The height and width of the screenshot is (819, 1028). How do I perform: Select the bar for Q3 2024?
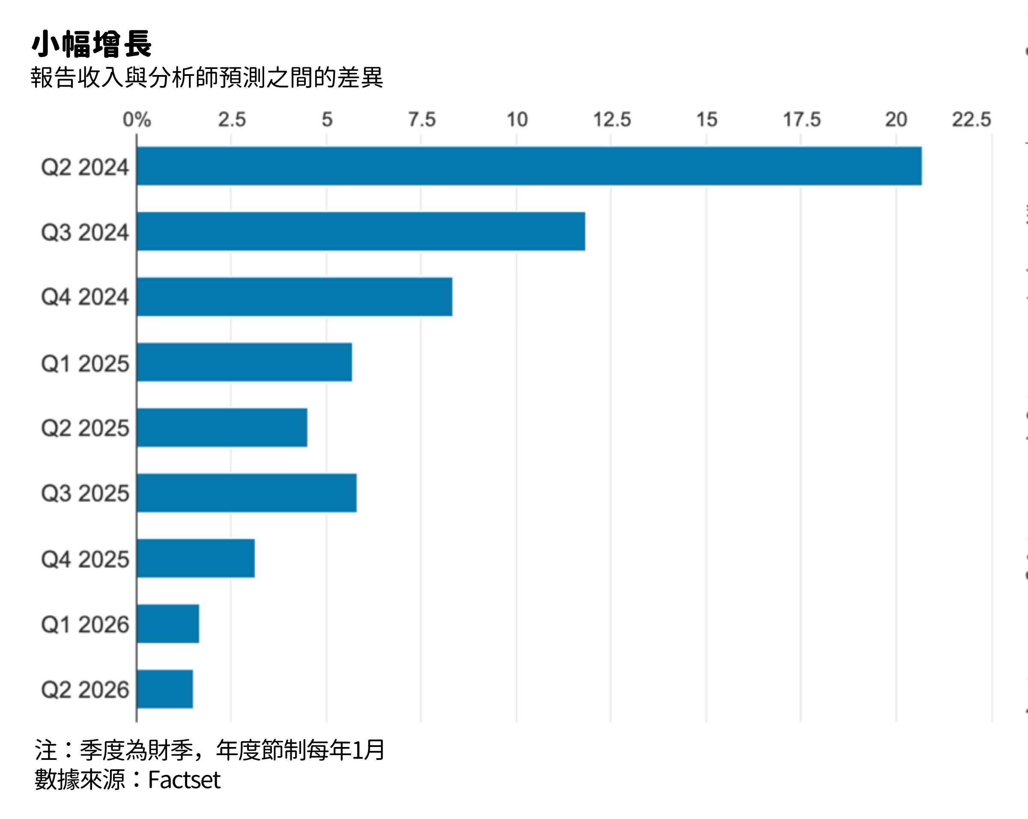[x=361, y=231]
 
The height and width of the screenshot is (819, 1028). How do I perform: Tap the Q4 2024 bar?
[x=294, y=297]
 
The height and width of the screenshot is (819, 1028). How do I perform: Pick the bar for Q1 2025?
[x=244, y=362]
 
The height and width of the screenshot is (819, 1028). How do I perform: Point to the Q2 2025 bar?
[x=222, y=427]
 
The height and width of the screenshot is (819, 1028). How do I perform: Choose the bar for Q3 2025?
[x=247, y=493]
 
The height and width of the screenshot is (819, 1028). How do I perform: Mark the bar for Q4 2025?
[x=195, y=558]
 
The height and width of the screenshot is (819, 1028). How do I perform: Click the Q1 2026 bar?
[x=167, y=624]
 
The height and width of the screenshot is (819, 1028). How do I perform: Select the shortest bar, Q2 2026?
[x=164, y=689]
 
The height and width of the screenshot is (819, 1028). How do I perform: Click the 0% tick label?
[x=137, y=119]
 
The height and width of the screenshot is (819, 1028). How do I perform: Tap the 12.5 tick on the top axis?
[x=611, y=119]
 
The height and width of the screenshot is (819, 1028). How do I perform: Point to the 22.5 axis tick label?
[x=971, y=119]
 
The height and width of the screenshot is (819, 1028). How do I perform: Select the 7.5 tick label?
[x=421, y=119]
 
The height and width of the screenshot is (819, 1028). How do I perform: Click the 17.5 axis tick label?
[x=801, y=119]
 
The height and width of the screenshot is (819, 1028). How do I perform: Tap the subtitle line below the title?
[x=206, y=77]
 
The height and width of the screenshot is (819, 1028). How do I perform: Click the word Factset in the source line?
[x=184, y=780]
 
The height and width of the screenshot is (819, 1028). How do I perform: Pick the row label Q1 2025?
[x=85, y=363]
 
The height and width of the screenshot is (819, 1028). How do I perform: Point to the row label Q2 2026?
[x=85, y=690]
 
